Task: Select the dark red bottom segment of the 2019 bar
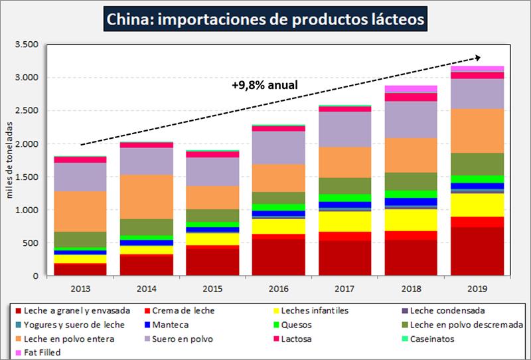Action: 477,251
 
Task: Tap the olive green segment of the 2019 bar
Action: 477,164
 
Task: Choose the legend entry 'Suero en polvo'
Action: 176,339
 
